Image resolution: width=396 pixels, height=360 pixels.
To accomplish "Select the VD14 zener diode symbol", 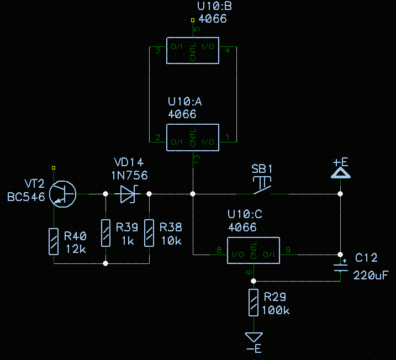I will (x=128, y=194).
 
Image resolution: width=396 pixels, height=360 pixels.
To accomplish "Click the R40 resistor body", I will (x=53, y=241).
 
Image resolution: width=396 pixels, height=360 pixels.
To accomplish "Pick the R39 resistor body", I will (x=105, y=232).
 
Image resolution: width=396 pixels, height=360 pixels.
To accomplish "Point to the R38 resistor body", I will (x=149, y=232).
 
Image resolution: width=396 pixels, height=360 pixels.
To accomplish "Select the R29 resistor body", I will (x=254, y=302).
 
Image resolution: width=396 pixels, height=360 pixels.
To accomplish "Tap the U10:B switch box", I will (x=193, y=51).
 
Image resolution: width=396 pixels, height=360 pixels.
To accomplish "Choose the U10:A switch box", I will (x=193, y=137).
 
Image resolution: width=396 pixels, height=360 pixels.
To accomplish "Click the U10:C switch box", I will (x=254, y=251).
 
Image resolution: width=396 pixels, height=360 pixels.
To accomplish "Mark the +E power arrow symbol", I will (x=340, y=173).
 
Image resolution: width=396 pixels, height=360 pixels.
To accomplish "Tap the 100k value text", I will (x=276, y=310).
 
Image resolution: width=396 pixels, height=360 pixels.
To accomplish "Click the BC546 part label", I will (x=25, y=197).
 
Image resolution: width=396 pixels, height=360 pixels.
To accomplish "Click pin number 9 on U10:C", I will (x=288, y=250).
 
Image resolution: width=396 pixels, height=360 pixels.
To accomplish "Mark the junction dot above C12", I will (x=340, y=255).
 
